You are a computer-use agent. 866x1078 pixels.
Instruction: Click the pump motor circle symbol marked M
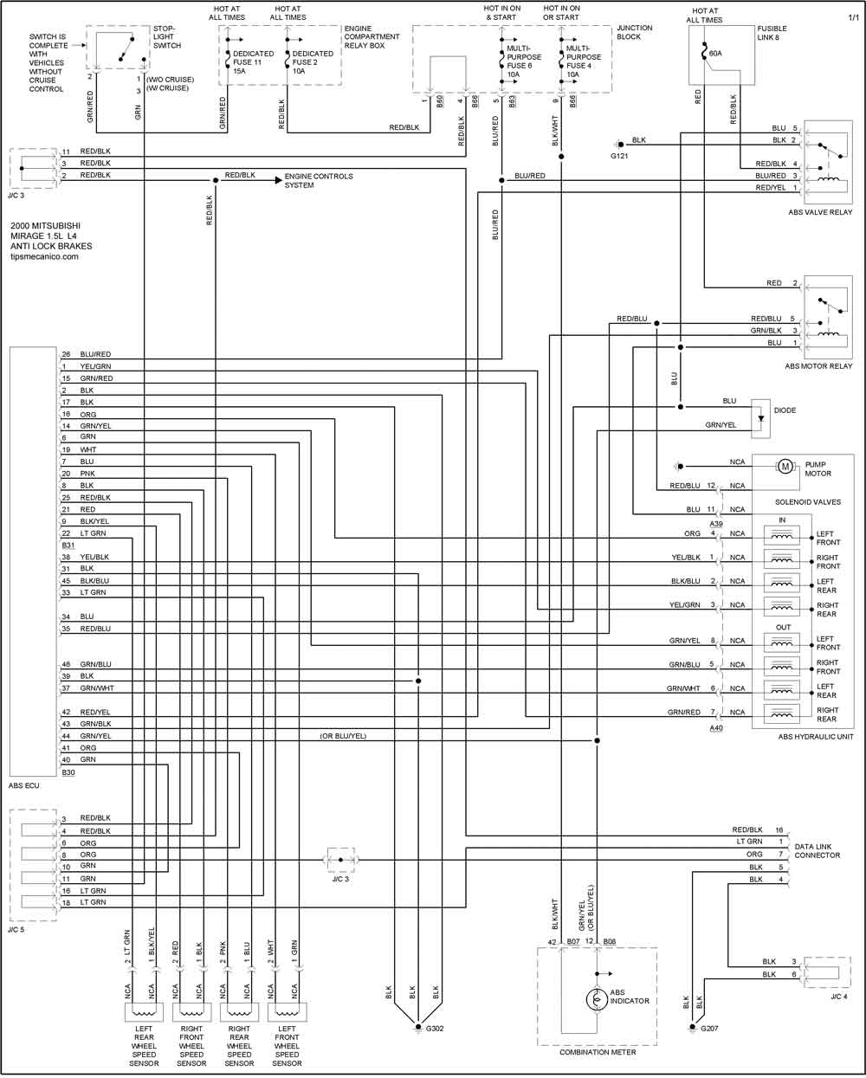(x=785, y=467)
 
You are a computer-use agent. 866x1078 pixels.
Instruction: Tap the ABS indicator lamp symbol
(x=597, y=999)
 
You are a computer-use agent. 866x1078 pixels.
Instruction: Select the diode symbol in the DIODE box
(x=760, y=419)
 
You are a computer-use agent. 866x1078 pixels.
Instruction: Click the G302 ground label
(x=435, y=1029)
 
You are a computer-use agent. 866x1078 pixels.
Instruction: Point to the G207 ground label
(x=709, y=1029)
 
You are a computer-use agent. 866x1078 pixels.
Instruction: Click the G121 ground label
(x=619, y=157)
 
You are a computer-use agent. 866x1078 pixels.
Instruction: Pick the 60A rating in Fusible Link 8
(x=715, y=54)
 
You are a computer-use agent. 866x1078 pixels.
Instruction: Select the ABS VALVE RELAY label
(x=820, y=212)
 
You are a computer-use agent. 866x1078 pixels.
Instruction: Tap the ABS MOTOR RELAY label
(x=818, y=366)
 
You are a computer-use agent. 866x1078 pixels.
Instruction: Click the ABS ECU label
(x=23, y=785)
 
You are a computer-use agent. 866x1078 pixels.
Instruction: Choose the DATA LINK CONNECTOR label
(x=817, y=850)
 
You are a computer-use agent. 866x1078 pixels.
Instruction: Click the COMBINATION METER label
(x=598, y=1052)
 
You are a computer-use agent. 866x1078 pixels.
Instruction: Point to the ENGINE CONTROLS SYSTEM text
(x=319, y=180)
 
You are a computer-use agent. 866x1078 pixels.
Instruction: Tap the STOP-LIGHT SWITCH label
(x=167, y=36)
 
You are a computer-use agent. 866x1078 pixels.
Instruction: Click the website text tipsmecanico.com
(x=45, y=256)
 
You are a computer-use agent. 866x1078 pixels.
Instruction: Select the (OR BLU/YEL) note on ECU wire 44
(x=343, y=736)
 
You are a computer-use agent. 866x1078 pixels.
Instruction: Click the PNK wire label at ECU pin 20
(x=87, y=474)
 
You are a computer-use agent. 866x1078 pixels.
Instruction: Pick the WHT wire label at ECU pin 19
(x=88, y=449)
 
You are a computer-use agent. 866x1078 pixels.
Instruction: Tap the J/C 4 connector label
(x=839, y=997)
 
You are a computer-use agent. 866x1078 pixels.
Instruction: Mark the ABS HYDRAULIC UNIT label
(x=816, y=736)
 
